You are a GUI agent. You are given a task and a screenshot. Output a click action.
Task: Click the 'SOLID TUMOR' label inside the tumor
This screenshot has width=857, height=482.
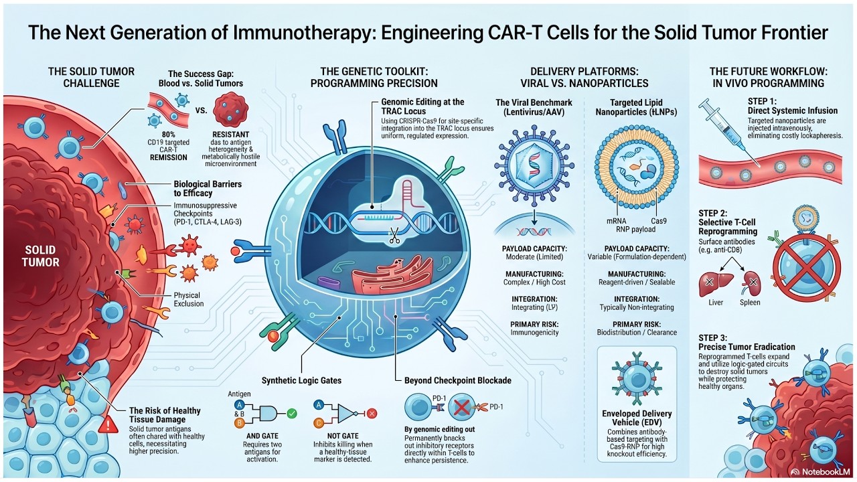pos(41,255)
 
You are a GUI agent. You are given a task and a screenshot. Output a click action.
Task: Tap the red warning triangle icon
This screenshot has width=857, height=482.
pos(106,424)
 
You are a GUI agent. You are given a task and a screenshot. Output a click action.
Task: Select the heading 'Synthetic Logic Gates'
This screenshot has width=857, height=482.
pos(301,380)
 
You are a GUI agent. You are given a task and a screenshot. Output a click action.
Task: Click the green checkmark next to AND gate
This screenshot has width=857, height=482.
pos(291,413)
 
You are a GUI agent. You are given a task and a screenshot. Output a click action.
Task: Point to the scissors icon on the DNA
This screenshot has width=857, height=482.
pos(393,235)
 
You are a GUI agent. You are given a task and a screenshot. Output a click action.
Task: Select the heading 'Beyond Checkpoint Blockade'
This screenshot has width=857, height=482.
pos(458,380)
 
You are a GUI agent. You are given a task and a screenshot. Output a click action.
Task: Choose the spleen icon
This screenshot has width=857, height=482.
pos(751,284)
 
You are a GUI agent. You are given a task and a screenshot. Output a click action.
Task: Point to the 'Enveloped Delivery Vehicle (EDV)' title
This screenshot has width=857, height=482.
pos(637,418)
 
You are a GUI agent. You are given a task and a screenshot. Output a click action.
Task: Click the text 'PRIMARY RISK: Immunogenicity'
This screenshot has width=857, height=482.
pos(535,328)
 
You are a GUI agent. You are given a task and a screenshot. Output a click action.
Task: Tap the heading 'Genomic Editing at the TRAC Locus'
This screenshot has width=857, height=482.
pos(422,106)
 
